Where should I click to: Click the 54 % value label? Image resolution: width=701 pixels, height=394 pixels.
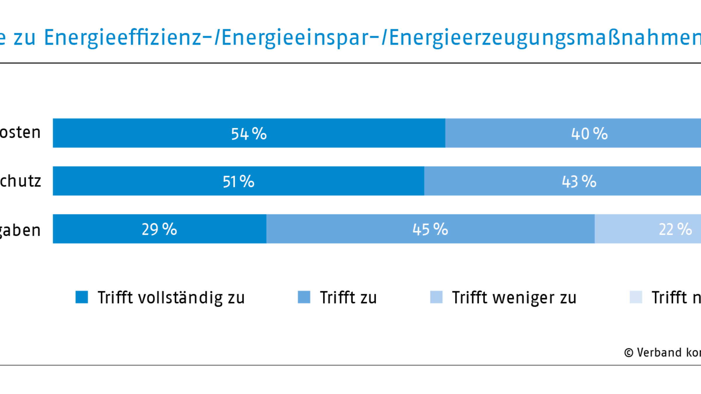coord(249,134)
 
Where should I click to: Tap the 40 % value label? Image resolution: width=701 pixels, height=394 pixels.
coord(589,134)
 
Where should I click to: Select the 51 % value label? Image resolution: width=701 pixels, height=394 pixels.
coord(238,181)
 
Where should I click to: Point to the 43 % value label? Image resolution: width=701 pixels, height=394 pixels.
coord(579,181)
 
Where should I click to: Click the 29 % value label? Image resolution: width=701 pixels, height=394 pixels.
coord(159,229)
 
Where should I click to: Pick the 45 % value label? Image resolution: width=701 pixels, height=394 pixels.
coord(430,229)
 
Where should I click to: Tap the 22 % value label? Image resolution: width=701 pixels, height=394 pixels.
coord(675,229)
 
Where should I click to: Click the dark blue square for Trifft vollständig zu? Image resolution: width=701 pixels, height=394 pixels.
coord(82,297)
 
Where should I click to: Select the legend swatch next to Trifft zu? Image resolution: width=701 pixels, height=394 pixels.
coord(304,297)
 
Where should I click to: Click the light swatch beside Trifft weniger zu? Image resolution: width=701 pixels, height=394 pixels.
coord(436,297)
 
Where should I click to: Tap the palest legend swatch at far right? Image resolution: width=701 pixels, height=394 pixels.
coord(636,297)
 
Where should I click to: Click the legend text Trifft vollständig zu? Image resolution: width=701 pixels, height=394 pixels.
coord(171,298)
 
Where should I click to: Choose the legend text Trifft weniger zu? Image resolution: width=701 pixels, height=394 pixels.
coord(514,298)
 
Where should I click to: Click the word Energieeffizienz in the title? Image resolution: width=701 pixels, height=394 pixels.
coord(123,38)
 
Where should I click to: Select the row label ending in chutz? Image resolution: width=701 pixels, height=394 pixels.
coord(20,181)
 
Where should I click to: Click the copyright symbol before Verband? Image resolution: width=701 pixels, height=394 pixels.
coord(629,353)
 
